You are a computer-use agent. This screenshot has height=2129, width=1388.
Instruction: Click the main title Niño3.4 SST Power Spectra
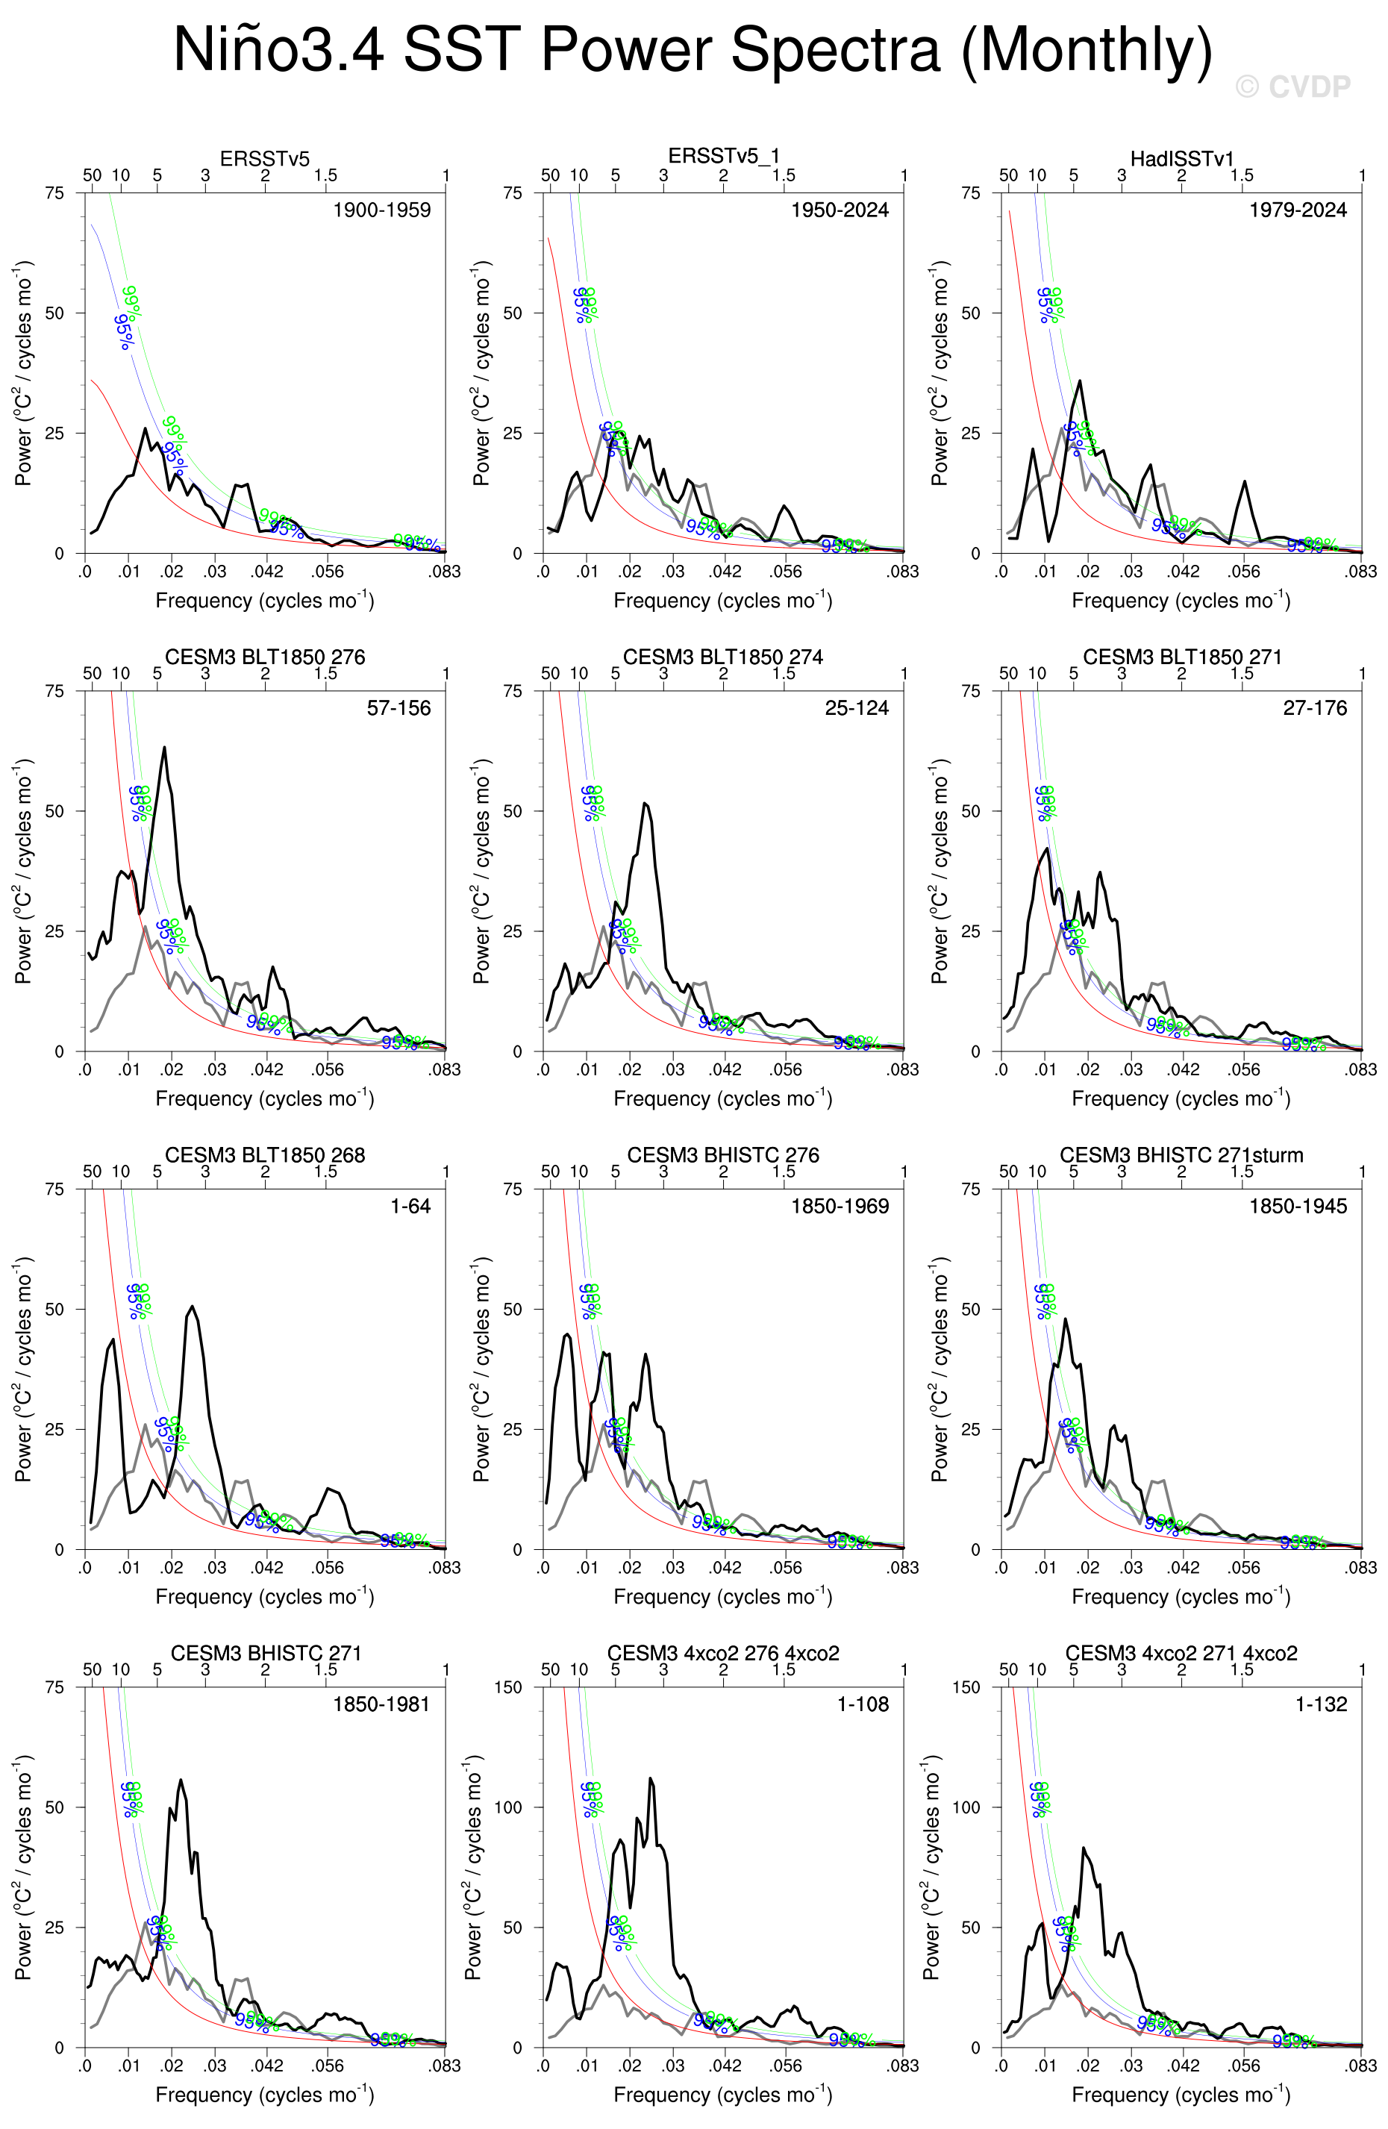point(693,50)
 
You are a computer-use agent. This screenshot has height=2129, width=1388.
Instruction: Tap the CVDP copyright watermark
point(1292,87)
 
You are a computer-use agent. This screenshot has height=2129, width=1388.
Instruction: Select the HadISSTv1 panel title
point(1181,158)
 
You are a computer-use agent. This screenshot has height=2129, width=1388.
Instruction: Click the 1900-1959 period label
point(381,210)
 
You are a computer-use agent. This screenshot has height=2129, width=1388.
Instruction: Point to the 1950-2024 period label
point(839,210)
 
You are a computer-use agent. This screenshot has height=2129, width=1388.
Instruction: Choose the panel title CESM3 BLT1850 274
point(722,657)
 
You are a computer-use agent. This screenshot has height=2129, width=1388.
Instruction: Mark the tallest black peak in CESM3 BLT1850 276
point(163,748)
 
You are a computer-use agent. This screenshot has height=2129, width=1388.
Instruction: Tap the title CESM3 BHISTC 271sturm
point(1181,1155)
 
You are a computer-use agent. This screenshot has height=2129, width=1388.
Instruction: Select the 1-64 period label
point(410,1207)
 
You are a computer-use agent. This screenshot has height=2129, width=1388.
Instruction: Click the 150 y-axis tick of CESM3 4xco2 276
point(508,1687)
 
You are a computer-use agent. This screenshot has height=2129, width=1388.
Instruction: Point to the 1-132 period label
point(1321,1705)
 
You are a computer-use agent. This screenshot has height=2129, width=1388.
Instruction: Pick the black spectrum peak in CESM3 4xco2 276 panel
point(650,1778)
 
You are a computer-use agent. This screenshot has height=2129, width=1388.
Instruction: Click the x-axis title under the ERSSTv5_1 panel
point(722,600)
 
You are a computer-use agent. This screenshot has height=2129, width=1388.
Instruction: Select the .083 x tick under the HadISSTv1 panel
point(1360,572)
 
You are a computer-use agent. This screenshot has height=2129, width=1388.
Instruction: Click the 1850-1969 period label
point(839,1207)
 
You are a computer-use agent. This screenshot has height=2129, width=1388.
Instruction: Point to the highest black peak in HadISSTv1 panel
point(1081,381)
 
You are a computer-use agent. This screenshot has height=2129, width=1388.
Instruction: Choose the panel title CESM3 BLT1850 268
point(265,1155)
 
